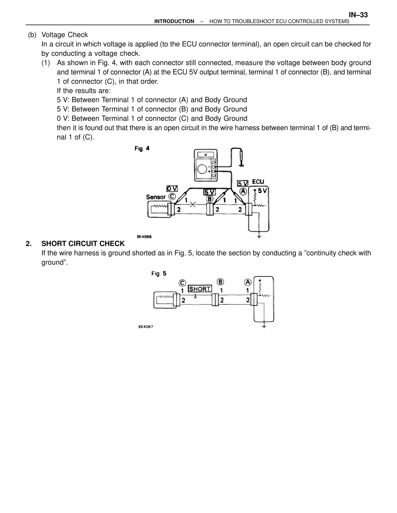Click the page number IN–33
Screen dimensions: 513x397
(358, 15)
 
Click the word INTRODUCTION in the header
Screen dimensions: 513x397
(174, 21)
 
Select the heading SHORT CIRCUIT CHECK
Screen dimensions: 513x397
(83, 243)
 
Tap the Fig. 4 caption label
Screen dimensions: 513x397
(142, 149)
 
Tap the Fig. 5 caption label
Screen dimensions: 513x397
(159, 274)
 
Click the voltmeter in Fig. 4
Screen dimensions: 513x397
(205, 165)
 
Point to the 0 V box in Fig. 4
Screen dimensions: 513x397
(172, 188)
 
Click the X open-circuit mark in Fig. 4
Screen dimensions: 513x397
(193, 204)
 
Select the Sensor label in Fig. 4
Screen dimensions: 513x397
(156, 197)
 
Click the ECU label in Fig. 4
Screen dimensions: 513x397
(258, 182)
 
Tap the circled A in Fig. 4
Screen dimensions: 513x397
(243, 191)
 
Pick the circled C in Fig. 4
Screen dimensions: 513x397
(172, 197)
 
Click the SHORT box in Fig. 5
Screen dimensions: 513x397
(200, 289)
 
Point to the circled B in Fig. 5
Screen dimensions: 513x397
(220, 282)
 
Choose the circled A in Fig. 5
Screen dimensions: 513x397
(248, 282)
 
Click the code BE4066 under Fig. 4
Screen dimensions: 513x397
(144, 237)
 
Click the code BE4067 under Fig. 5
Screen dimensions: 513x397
(146, 327)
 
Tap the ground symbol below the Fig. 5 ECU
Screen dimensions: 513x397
(264, 326)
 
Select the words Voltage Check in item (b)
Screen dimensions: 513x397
(65, 35)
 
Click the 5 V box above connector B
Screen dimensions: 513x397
(209, 192)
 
